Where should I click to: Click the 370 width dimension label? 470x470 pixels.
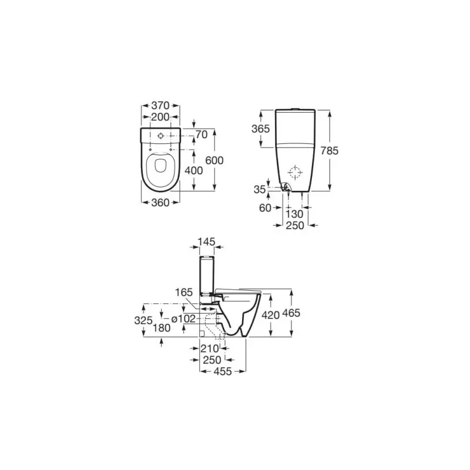[160, 106]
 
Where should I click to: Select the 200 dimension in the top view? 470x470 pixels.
[160, 117]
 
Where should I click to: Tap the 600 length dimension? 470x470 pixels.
[214, 160]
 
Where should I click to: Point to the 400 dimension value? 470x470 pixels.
[194, 170]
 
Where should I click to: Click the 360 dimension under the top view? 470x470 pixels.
[160, 203]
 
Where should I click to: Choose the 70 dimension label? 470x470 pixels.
[202, 135]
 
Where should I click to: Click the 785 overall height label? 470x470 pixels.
[330, 150]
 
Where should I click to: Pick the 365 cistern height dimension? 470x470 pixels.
[260, 129]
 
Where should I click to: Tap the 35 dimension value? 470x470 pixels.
[260, 189]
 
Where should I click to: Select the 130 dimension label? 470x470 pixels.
[294, 214]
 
